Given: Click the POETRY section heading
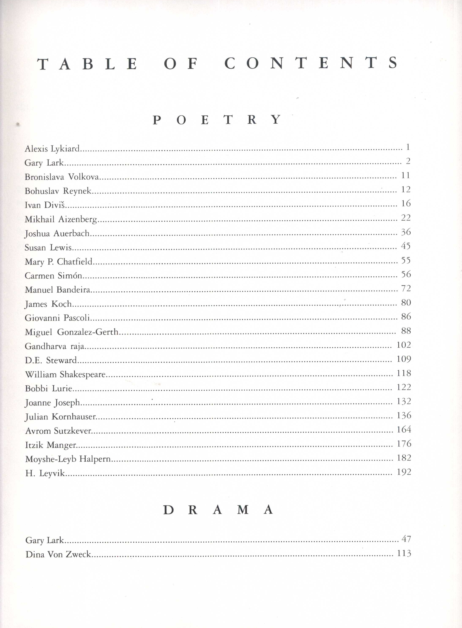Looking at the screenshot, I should [x=217, y=120].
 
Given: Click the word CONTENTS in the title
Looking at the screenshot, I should [x=311, y=63].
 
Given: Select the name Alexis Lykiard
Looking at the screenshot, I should [x=52, y=149].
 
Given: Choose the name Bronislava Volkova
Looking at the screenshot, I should [x=62, y=177].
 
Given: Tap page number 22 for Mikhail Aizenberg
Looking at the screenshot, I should [x=406, y=217].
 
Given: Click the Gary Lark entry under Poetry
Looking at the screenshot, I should [x=44, y=162].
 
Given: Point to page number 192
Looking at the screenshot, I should [x=404, y=472].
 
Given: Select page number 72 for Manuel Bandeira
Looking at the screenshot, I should [x=406, y=288].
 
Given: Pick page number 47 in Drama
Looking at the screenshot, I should [x=406, y=539].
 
